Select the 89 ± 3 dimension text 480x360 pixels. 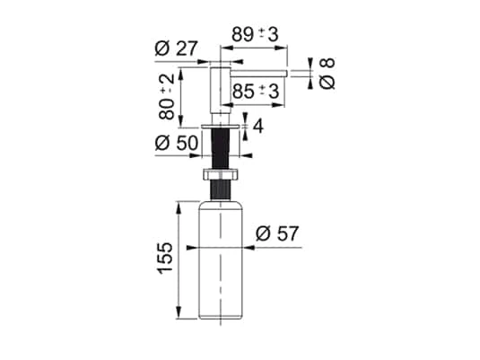coord(254,34)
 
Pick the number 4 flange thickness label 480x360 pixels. coord(258,127)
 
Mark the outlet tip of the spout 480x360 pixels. coord(283,69)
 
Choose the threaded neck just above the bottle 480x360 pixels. coord(221,191)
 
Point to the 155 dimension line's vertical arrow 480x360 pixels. coord(183,261)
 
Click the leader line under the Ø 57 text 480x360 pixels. coord(274,245)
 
